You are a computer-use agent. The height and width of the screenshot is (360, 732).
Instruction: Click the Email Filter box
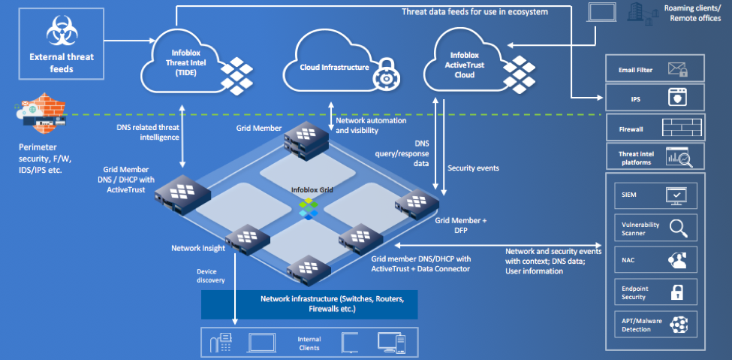(x=655, y=69)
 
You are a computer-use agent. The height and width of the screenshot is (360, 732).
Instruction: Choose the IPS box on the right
(x=655, y=98)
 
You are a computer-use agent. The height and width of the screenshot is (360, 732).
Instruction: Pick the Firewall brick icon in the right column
(x=682, y=129)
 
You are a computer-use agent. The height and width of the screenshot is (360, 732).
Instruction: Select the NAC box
(x=655, y=259)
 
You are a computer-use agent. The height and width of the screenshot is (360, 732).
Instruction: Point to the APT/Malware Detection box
(x=655, y=325)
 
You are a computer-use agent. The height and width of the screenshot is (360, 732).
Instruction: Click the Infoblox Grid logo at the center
(x=309, y=207)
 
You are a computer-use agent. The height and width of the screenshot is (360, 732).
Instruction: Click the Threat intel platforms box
(x=655, y=156)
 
